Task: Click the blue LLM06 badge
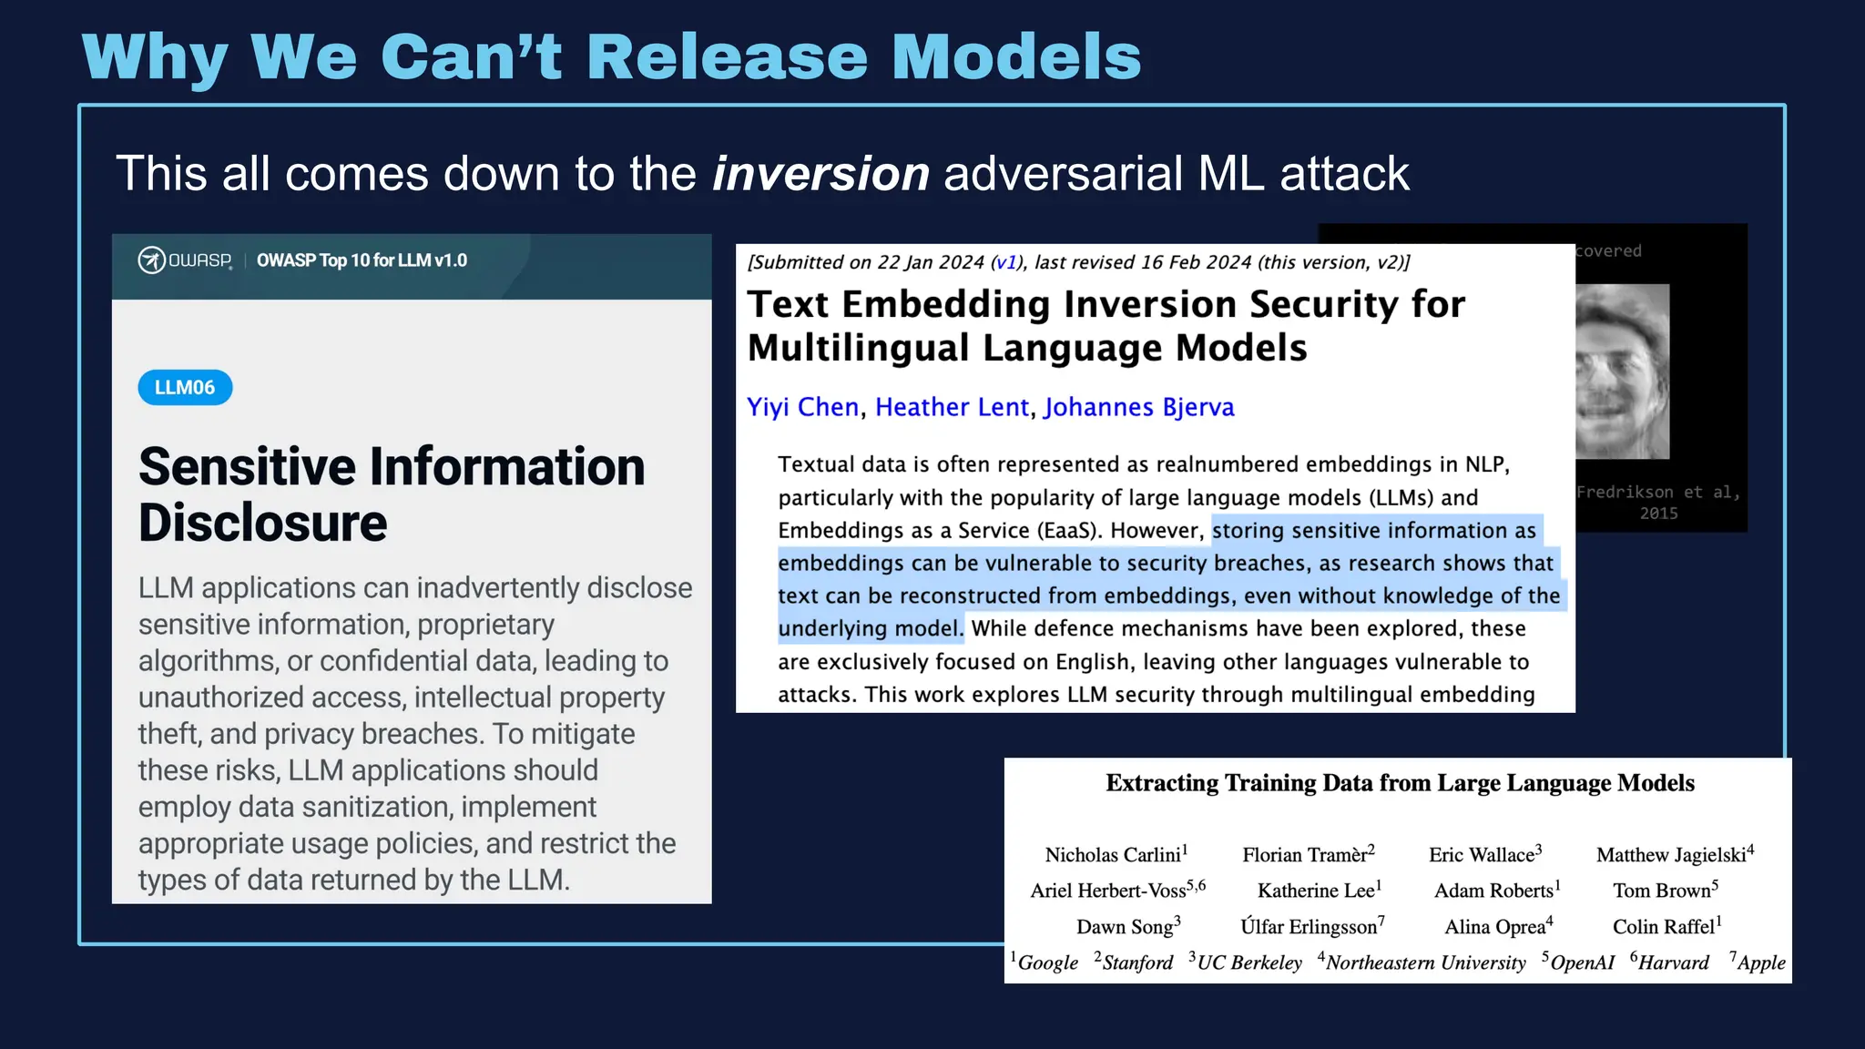click(x=185, y=388)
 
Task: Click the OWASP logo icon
click(x=151, y=260)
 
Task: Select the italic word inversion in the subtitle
click(x=820, y=173)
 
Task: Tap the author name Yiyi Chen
click(x=802, y=407)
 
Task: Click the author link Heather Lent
click(x=952, y=407)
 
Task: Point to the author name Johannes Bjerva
click(x=1138, y=407)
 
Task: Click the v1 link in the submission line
click(x=1005, y=262)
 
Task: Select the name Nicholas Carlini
click(x=1113, y=855)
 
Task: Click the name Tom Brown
click(x=1662, y=891)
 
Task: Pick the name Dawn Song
click(x=1125, y=927)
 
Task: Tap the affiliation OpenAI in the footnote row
click(x=1582, y=962)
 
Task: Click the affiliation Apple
click(x=1761, y=962)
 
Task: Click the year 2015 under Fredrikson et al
click(x=1658, y=514)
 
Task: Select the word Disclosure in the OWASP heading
click(x=263, y=524)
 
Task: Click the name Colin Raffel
click(x=1664, y=927)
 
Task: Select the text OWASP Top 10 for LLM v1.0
click(x=362, y=260)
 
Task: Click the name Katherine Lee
click(x=1316, y=891)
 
